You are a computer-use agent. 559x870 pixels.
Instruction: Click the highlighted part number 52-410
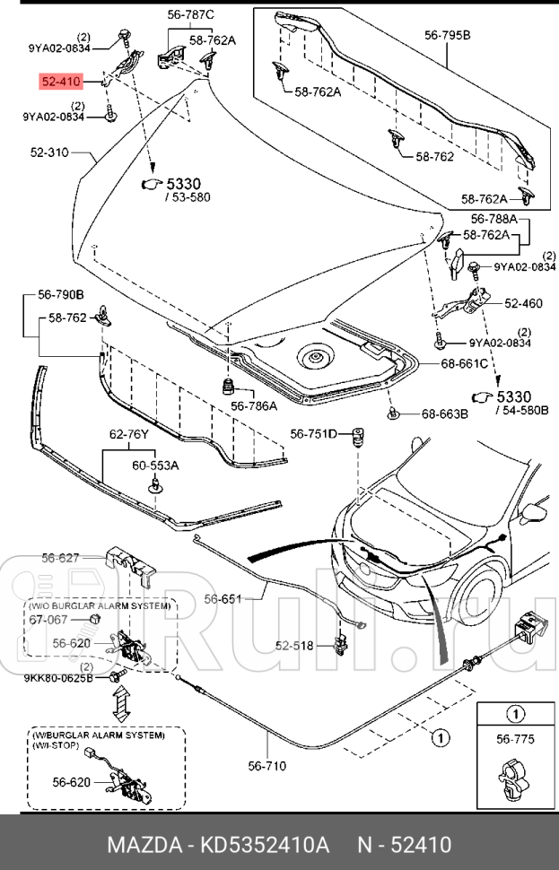click(61, 83)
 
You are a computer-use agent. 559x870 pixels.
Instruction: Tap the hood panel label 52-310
click(49, 152)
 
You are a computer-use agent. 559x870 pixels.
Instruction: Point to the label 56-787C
click(190, 15)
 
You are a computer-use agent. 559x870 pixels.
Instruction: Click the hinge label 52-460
click(522, 303)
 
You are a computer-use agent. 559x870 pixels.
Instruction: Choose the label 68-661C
click(464, 363)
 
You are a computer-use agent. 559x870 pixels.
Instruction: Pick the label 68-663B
click(445, 413)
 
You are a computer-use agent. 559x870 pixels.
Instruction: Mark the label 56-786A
click(254, 405)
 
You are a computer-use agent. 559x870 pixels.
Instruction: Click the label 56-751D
click(312, 435)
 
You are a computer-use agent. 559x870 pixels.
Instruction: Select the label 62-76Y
click(129, 434)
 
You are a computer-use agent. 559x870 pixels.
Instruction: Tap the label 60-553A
click(155, 465)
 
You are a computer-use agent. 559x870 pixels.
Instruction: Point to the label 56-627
click(61, 558)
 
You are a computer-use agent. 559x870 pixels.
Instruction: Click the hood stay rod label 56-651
click(223, 598)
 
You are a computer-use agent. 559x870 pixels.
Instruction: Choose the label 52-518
click(294, 645)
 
